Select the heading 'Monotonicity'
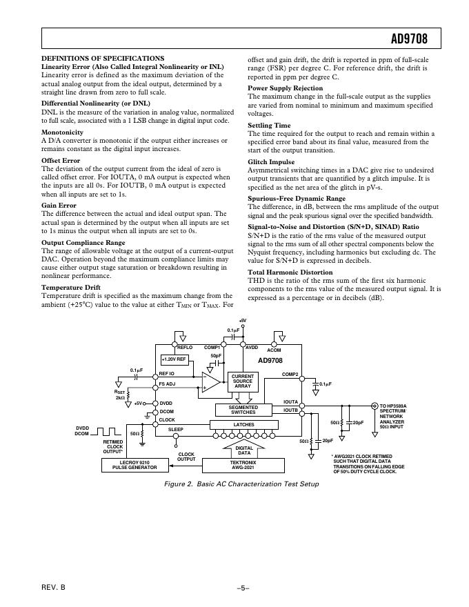click(62, 132)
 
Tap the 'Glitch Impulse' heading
click(271, 162)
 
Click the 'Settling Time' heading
click(269, 126)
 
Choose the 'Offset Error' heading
click(61, 161)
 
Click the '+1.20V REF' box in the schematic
click(174, 359)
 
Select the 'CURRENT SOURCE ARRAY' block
click(243, 381)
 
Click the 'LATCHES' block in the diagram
click(243, 425)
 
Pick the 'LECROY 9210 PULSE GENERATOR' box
click(129, 464)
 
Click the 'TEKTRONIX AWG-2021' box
click(244, 464)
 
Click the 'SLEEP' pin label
click(176, 429)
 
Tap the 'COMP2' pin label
click(290, 375)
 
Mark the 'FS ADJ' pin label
click(167, 384)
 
